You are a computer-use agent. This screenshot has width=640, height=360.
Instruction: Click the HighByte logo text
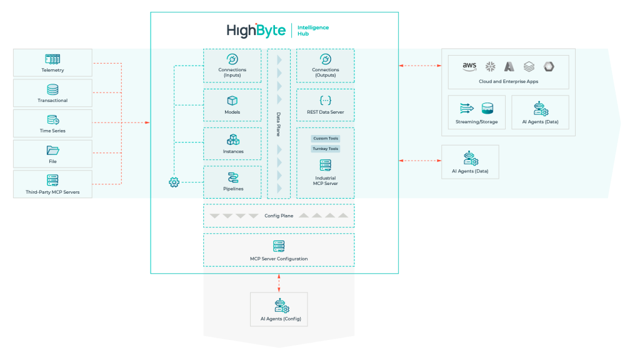coord(256,30)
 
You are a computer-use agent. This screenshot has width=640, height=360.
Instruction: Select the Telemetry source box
coord(52,63)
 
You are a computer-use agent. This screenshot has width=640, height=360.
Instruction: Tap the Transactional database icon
coord(52,89)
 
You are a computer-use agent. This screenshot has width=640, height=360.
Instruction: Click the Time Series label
coord(52,131)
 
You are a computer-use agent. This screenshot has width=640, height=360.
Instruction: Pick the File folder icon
coord(52,150)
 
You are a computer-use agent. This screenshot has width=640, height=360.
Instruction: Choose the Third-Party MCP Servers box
coord(52,184)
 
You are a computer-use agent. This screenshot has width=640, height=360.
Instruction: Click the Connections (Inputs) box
coord(232,66)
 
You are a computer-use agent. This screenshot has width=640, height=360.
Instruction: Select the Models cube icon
coord(232,100)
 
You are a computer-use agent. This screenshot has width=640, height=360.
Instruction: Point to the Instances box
coord(232,144)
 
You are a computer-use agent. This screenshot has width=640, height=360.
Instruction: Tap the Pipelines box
coord(232,182)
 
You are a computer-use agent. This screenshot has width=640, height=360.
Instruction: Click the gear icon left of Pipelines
coord(174,182)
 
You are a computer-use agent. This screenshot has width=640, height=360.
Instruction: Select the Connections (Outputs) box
coord(325,66)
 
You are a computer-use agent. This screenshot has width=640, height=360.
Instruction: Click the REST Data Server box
coord(325,104)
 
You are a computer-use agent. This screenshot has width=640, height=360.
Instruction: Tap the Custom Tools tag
coord(325,138)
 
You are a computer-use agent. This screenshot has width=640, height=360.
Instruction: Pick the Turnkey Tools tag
coord(325,149)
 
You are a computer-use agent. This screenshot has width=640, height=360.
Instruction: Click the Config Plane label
coord(279,216)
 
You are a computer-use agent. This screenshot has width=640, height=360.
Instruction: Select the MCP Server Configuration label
coord(279,258)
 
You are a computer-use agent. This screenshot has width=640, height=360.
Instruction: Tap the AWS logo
coord(469,66)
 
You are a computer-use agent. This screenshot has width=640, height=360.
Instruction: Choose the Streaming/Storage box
coord(476,112)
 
